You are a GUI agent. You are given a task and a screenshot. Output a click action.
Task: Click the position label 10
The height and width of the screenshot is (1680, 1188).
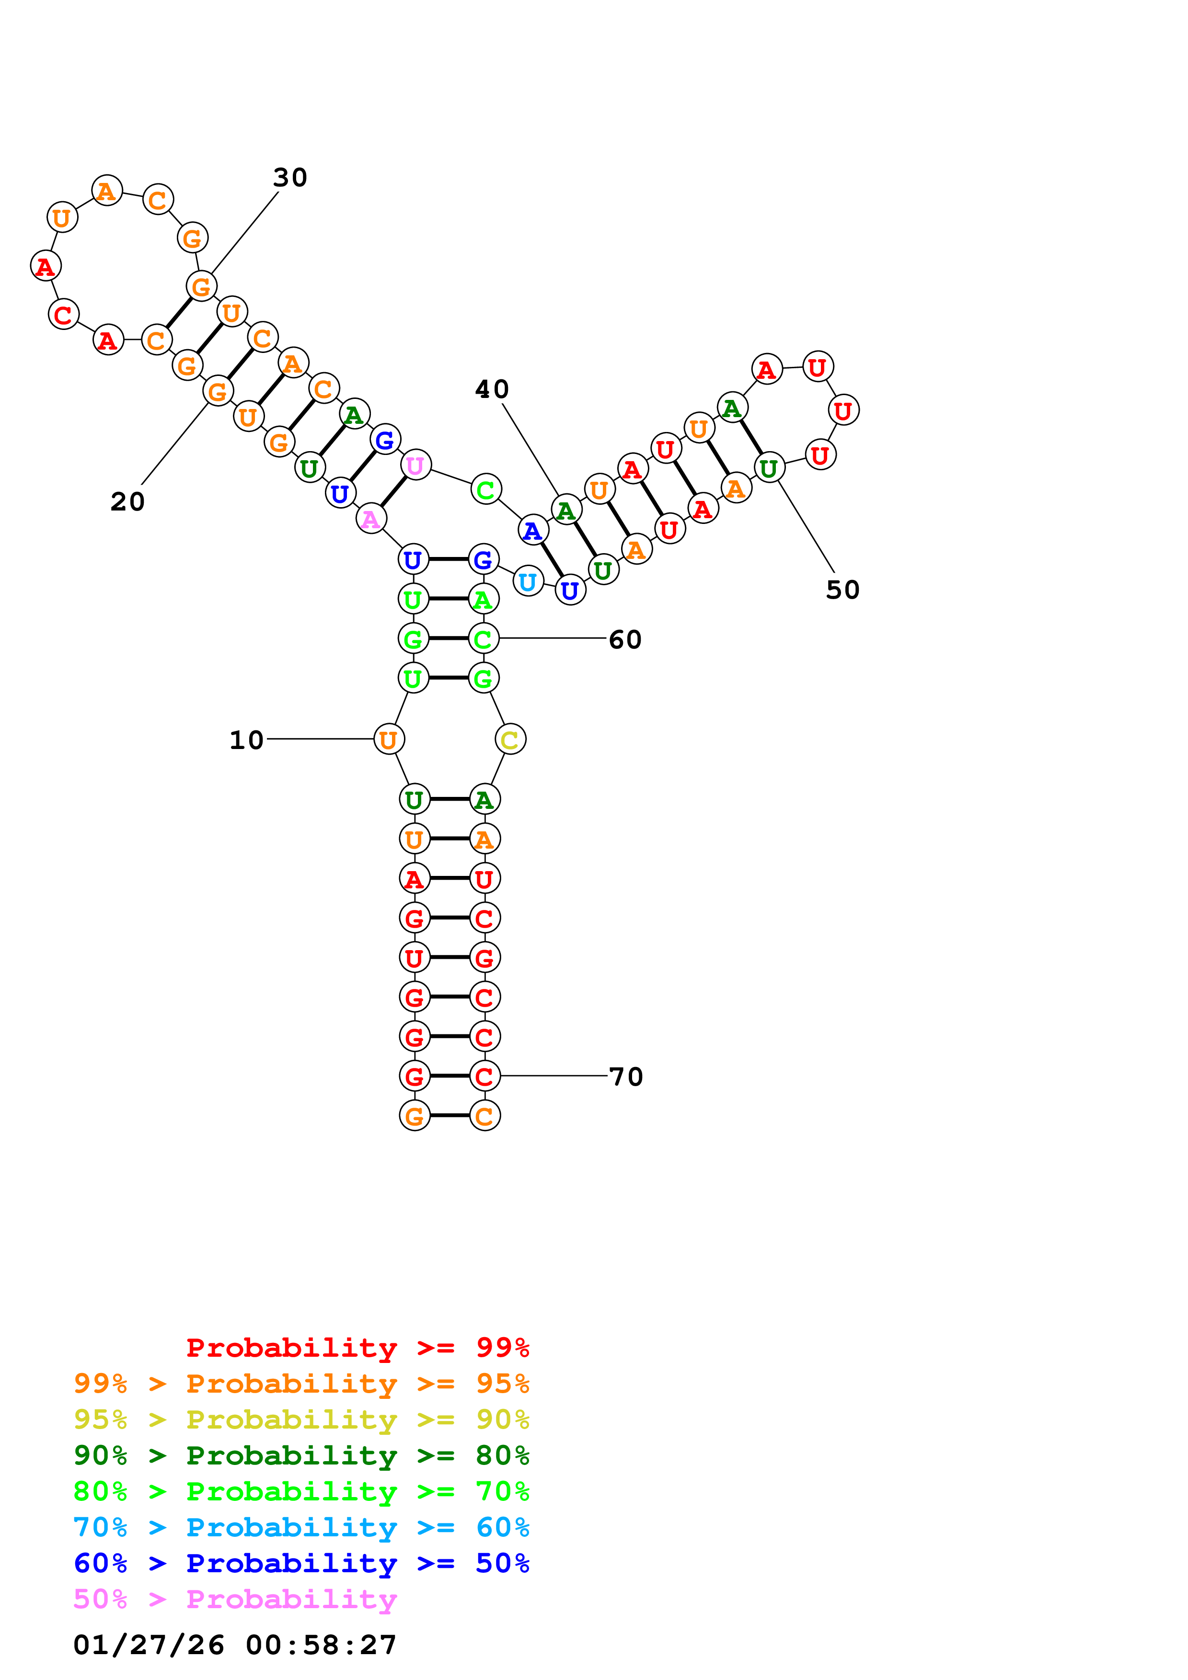(x=247, y=740)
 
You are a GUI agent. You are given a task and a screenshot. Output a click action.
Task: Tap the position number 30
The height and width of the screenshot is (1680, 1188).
(x=290, y=177)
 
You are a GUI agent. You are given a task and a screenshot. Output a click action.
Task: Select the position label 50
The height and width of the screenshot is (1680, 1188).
(x=842, y=590)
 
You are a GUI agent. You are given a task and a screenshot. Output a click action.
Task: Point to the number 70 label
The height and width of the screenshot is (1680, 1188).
(x=626, y=1077)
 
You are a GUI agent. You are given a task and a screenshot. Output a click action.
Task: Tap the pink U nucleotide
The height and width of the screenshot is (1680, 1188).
(x=415, y=465)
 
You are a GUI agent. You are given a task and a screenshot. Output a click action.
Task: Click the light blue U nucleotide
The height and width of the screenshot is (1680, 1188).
(x=528, y=582)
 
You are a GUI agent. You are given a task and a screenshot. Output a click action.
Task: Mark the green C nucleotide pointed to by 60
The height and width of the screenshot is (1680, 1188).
(x=483, y=639)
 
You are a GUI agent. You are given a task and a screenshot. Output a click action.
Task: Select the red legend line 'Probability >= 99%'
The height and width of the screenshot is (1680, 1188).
(x=357, y=1347)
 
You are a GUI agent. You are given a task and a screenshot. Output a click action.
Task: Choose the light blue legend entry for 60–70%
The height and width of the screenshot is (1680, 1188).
(x=301, y=1527)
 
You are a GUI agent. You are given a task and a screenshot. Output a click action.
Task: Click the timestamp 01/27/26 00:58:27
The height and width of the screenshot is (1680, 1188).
(x=235, y=1645)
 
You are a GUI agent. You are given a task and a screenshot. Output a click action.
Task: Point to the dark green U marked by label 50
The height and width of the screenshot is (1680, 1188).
(x=769, y=467)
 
